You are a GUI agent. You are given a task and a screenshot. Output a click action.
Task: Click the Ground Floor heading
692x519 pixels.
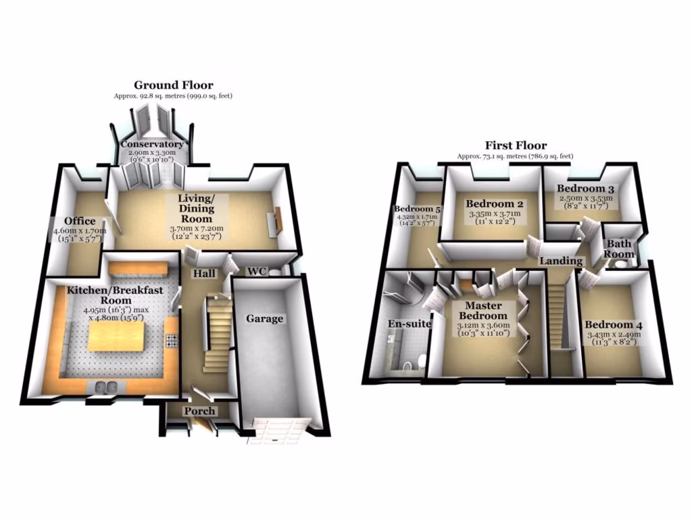coord(173,85)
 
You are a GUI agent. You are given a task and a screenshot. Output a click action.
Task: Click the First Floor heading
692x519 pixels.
coord(516,145)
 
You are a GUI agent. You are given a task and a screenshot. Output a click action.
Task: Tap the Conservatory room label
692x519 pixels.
coord(152,144)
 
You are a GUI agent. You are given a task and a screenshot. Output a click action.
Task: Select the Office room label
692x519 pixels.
coord(80,221)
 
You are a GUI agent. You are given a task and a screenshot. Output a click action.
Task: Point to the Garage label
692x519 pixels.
coord(264,318)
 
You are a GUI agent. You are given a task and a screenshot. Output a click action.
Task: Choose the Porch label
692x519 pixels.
coord(200,411)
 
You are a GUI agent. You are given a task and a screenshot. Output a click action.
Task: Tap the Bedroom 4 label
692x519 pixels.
coord(614,324)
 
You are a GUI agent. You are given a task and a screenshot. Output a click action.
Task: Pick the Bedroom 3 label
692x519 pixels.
coord(586,188)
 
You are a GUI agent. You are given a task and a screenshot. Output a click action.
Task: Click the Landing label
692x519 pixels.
coord(560,261)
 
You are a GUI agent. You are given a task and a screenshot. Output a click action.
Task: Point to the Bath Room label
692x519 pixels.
coord(620,249)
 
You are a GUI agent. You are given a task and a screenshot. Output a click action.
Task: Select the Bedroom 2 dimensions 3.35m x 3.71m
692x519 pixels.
coord(495,214)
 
